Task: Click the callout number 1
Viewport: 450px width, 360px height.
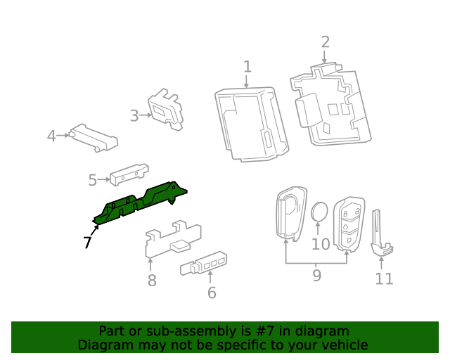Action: coord(247,67)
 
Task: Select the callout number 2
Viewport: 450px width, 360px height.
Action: coord(325,41)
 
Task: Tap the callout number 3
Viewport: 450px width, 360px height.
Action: coord(134,115)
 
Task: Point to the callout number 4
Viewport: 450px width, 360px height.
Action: coord(51,135)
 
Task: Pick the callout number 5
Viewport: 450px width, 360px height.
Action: coord(93,180)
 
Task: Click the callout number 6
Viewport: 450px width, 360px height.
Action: coord(212,292)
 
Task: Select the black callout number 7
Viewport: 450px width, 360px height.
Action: coord(87,243)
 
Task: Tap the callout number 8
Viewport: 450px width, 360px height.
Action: coord(151,281)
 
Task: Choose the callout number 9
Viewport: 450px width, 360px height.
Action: coord(316,275)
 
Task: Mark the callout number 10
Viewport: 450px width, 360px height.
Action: coord(321,244)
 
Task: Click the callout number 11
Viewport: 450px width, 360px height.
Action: coord(384,278)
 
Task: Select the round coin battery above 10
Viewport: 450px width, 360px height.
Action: coord(320,212)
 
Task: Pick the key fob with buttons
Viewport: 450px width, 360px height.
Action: coord(348,222)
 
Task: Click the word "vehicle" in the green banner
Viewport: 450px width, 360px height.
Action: coord(342,345)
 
